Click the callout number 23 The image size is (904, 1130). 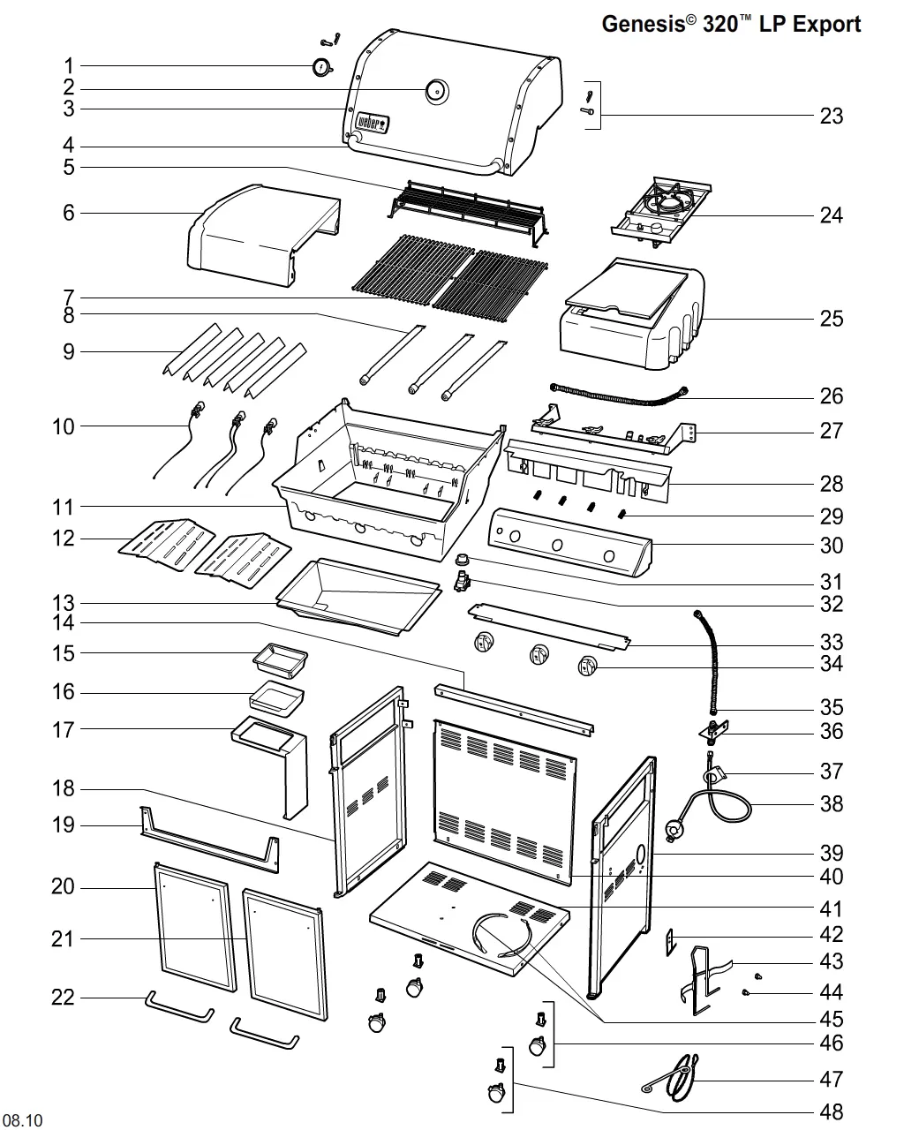[831, 116]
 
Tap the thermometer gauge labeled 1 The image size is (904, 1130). [321, 68]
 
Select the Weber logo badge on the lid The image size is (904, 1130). [373, 123]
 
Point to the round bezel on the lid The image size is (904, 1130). [437, 91]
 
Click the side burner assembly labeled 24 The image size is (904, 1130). [661, 212]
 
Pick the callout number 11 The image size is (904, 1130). [63, 508]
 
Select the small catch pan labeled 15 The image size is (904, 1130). [281, 660]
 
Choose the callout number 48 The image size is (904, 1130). [831, 1111]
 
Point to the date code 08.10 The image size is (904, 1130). [22, 1119]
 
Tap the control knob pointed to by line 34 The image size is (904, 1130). [587, 667]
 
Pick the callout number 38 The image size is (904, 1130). [831, 804]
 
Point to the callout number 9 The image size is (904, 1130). [68, 352]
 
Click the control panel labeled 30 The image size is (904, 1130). [570, 542]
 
